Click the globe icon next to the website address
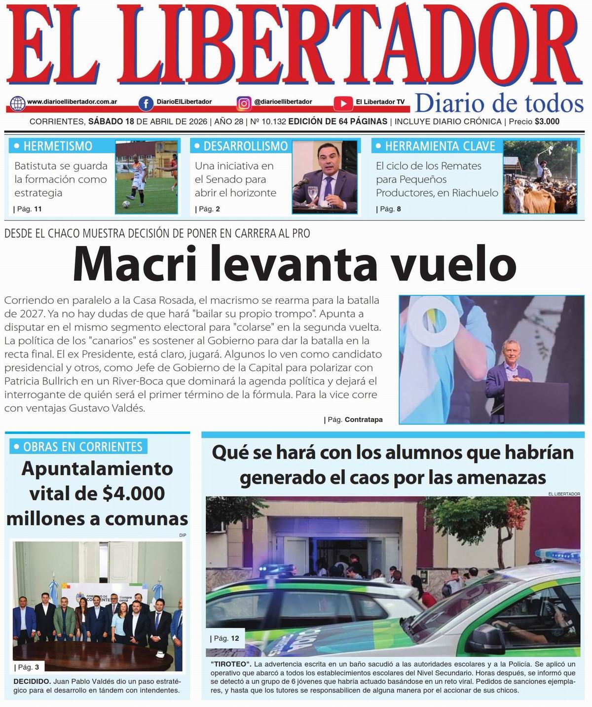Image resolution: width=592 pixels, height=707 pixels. (18, 103)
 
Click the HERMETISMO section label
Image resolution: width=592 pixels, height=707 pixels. (58, 146)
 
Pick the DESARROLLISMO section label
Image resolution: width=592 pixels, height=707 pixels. (245, 146)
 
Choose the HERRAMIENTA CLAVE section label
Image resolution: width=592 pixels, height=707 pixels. (440, 146)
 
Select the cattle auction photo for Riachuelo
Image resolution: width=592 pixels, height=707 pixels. (540, 177)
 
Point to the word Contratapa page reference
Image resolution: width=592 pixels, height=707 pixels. (364, 420)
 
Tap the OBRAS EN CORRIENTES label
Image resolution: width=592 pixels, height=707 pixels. (83, 447)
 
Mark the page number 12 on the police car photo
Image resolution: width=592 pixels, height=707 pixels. (234, 638)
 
